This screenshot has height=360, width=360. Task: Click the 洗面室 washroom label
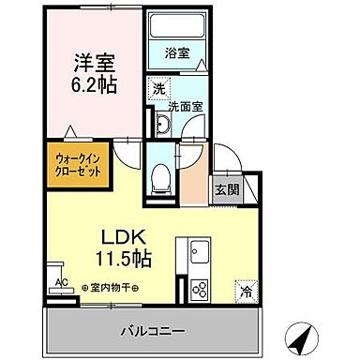185,106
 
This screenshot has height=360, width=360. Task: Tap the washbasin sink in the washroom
160,124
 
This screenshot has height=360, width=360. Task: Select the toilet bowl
160,174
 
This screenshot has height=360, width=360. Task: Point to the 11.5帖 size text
122,256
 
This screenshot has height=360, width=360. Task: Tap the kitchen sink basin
200,254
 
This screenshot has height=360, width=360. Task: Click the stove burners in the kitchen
200,286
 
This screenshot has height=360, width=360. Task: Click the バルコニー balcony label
151,331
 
